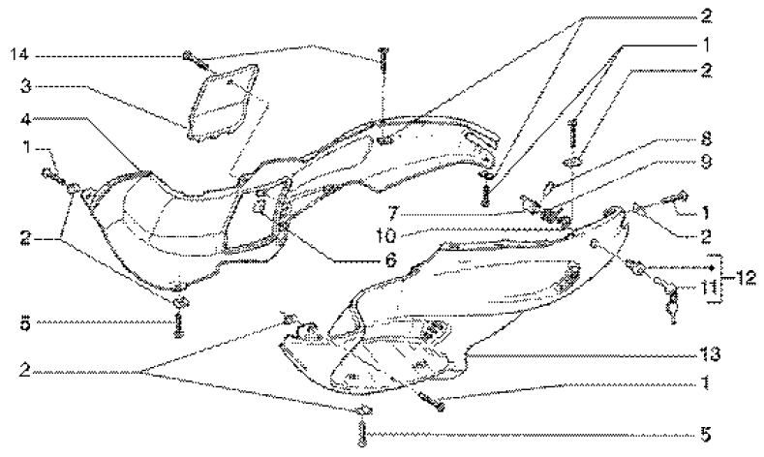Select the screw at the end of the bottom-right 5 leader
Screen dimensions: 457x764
[x=362, y=437]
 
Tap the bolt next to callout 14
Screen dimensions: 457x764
[x=189, y=58]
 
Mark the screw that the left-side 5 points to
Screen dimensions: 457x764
[x=180, y=327]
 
